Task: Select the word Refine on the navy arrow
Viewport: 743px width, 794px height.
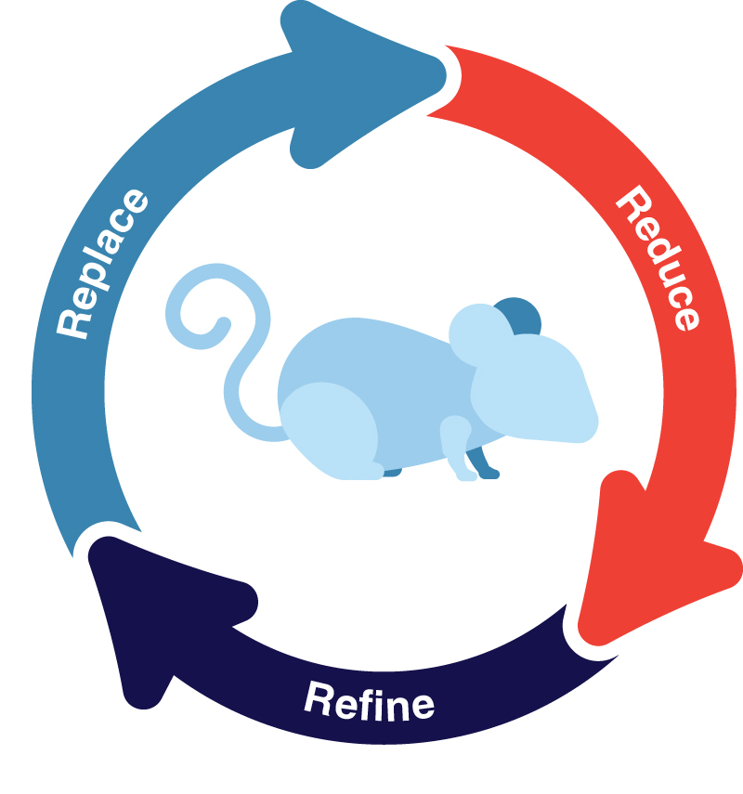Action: pos(369,702)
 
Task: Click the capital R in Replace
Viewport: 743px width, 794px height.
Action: pos(72,321)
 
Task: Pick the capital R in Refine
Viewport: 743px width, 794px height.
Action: pos(319,697)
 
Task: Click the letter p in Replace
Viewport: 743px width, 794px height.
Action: pos(91,279)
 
